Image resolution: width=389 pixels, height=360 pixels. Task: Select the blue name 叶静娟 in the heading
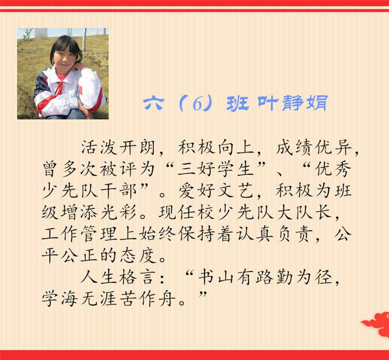click(293, 103)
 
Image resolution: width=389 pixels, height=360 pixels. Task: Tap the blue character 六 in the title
click(154, 103)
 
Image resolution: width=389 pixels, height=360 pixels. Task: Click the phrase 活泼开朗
click(118, 148)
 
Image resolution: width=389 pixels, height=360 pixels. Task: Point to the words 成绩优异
click(314, 148)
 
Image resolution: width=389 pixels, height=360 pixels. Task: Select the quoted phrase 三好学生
click(215, 170)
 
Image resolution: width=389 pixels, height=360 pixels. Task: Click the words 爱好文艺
click(216, 191)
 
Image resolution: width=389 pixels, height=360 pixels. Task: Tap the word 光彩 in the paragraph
click(118, 212)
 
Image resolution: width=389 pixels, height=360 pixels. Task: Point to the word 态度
click(138, 256)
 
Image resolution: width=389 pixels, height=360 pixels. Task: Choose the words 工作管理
click(79, 234)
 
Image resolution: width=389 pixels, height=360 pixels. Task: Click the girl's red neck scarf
click(60, 87)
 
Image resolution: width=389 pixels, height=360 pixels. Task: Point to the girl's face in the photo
click(65, 59)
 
